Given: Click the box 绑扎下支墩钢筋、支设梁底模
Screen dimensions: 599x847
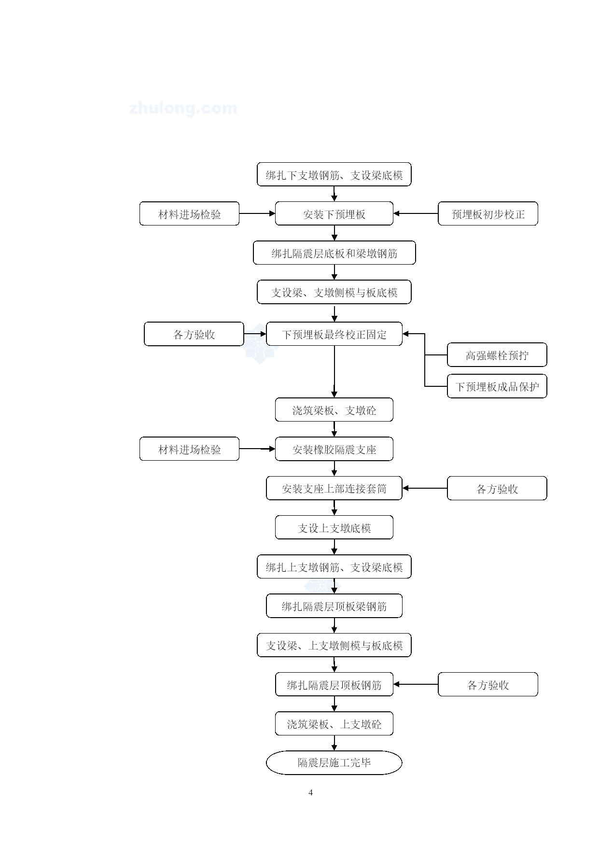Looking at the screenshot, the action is (x=334, y=174).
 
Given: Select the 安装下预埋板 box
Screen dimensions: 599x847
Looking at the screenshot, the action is (x=334, y=213).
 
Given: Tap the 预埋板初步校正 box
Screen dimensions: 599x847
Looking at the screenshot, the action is (x=488, y=213).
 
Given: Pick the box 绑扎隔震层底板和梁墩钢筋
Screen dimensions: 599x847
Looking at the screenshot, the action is (x=334, y=253).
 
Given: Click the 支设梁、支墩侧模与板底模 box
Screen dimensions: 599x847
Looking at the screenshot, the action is (x=334, y=292).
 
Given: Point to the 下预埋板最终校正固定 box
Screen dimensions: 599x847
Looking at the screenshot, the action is (x=334, y=334).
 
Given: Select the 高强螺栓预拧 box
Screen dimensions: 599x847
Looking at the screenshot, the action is (x=497, y=355).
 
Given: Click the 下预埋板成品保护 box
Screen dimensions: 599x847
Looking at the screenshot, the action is (x=497, y=386).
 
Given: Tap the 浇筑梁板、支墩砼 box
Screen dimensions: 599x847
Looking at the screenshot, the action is (x=334, y=409).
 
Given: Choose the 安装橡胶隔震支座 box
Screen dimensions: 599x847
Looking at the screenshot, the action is (x=334, y=449).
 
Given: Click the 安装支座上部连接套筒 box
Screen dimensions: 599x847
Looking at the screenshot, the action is (x=334, y=488).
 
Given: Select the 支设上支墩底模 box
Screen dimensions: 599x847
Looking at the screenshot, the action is (x=334, y=527).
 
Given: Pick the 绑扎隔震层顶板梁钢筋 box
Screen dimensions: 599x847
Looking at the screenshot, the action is (x=334, y=606).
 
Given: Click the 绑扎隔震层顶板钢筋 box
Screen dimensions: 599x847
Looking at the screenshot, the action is (x=334, y=684).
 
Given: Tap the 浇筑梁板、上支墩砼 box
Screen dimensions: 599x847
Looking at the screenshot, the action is (x=334, y=723).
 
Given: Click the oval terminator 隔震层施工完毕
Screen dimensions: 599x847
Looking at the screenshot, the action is (x=334, y=762).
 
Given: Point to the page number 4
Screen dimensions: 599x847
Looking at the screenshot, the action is (x=310, y=792).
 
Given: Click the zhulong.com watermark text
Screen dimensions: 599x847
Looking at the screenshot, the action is (x=183, y=108).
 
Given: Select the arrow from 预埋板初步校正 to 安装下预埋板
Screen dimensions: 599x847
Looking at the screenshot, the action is (x=416, y=213).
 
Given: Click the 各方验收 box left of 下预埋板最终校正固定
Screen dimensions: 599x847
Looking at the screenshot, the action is (x=194, y=334).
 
